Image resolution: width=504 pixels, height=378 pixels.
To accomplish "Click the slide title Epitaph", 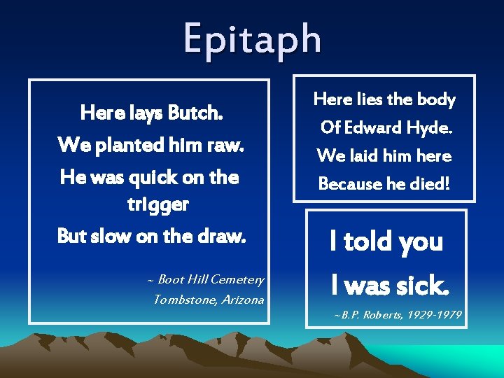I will pos(253,38).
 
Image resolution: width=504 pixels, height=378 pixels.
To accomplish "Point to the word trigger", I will pos(157,204).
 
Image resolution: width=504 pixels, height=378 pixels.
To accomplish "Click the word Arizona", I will pos(238,300).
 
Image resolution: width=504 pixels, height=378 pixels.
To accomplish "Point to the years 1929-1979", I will pos(437,315).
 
